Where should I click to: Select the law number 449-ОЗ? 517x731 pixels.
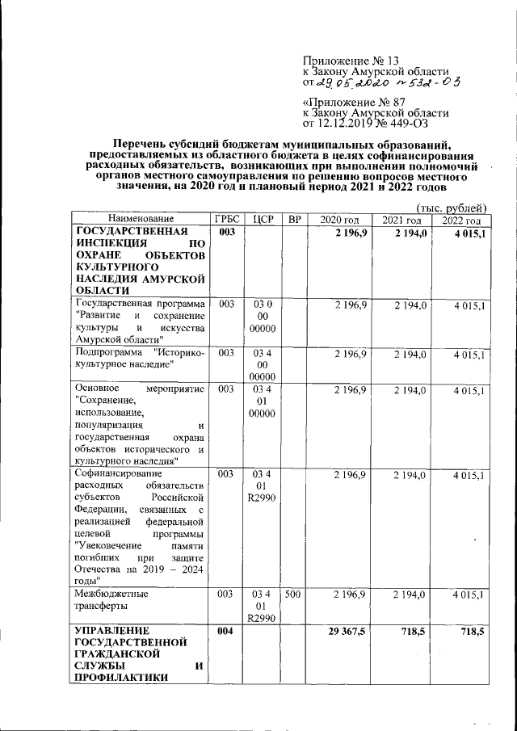coord(406,124)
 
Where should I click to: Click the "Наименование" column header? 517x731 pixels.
coord(140,221)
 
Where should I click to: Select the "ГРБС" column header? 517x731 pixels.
coord(225,221)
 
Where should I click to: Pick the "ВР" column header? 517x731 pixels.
coord(294,221)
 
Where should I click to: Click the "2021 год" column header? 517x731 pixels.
coord(402,221)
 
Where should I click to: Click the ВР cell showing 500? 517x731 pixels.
coord(294,594)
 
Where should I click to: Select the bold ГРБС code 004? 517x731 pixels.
coord(226,630)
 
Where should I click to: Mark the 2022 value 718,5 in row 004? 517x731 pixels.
coord(468,630)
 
